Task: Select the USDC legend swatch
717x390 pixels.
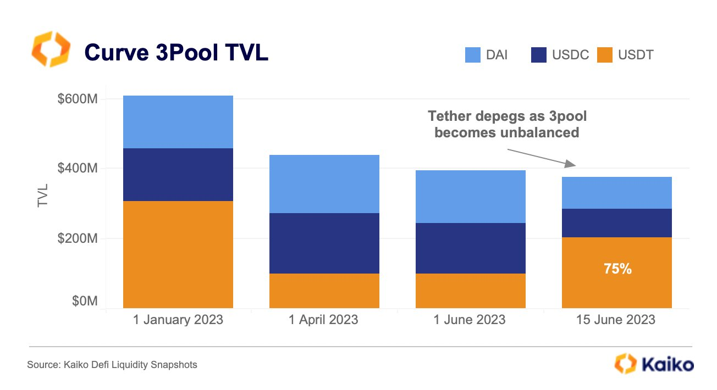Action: click(539, 55)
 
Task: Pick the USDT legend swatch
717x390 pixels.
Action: click(604, 55)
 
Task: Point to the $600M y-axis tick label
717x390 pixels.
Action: click(78, 99)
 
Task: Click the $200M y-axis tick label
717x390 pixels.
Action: click(78, 239)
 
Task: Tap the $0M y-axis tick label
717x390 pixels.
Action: click(84, 302)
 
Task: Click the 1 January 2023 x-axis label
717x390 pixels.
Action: click(178, 320)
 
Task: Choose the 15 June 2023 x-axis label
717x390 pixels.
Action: click(616, 320)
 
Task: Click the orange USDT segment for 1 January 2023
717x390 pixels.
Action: click(178, 254)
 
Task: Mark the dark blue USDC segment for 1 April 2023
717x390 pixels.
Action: click(324, 243)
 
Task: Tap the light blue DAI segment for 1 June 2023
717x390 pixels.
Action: click(470, 196)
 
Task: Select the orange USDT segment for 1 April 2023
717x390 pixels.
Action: click(324, 291)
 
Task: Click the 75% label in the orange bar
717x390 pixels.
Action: click(617, 270)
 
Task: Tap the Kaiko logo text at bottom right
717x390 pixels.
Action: click(667, 364)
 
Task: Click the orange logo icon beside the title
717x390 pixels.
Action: click(51, 49)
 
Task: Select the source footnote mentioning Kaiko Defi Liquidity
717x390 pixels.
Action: click(112, 364)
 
